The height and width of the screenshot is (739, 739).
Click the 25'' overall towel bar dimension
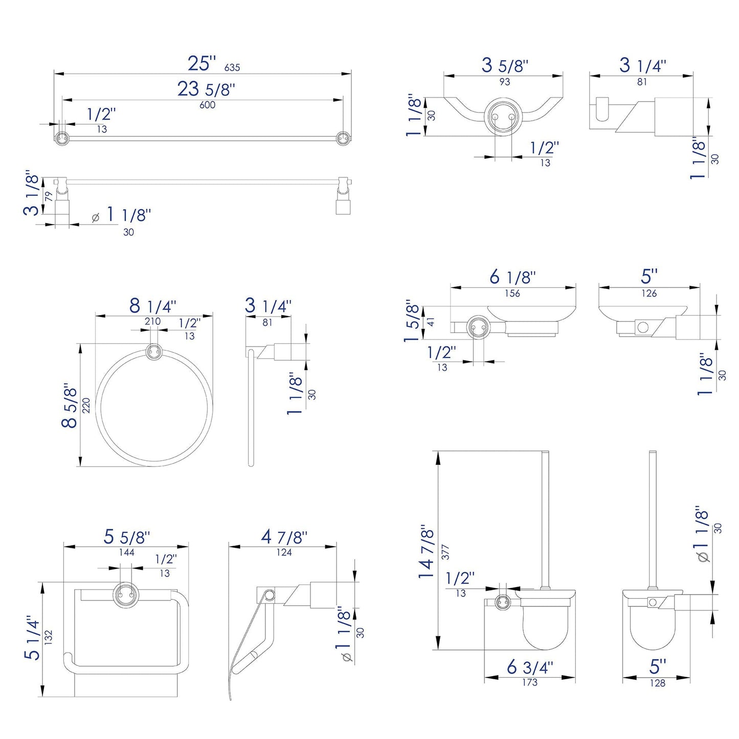click(x=201, y=63)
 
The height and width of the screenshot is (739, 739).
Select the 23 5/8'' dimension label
click(x=206, y=89)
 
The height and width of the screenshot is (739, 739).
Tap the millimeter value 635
click(x=232, y=68)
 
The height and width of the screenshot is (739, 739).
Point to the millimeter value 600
click(x=207, y=105)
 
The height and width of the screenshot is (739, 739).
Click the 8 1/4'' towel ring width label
click(x=152, y=306)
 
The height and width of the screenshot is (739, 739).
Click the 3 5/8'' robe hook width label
click(x=504, y=65)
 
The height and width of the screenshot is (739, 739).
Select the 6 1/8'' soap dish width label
click(x=512, y=277)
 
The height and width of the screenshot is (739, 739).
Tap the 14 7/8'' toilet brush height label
click(x=427, y=551)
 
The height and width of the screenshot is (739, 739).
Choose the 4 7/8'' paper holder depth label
click(x=284, y=537)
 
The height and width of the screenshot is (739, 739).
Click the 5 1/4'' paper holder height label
click(x=33, y=637)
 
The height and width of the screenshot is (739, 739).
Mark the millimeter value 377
click(x=445, y=551)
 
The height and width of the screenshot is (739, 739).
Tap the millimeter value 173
click(x=529, y=682)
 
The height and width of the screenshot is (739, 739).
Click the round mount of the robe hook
click(x=502, y=117)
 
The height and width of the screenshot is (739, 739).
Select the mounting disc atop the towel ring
click(x=154, y=352)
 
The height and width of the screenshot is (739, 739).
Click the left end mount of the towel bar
click(x=62, y=138)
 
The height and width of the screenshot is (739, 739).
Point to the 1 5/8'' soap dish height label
click(x=413, y=321)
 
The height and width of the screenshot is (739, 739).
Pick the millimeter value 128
click(x=657, y=683)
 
